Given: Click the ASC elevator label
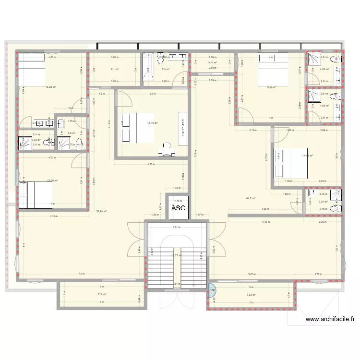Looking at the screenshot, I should [178, 208].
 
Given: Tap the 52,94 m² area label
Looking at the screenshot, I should [101, 211].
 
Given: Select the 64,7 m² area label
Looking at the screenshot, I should [251, 198].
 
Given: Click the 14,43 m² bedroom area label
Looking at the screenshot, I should [307, 156].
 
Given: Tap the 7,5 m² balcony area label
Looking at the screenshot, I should [101, 295].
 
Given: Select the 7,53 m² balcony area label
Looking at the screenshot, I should [251, 295].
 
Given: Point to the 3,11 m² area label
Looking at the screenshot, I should [212, 62].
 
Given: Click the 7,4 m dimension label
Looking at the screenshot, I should [82, 274].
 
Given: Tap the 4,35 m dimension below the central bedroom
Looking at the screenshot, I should [152, 165].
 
